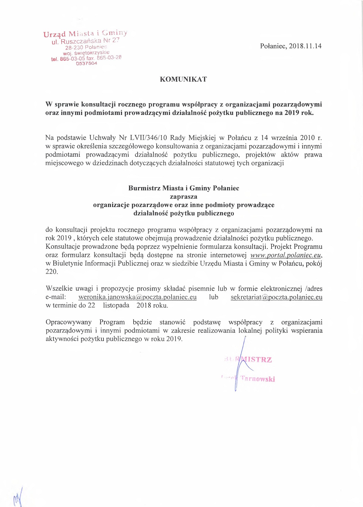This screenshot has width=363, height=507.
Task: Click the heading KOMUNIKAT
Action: (x=183, y=79)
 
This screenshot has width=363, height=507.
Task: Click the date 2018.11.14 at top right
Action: (x=305, y=46)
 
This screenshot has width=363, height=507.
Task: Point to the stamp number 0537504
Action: (x=87, y=63)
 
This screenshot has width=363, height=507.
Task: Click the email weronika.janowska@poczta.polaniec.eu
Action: (x=137, y=297)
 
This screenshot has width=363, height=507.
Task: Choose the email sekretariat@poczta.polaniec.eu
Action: (x=276, y=297)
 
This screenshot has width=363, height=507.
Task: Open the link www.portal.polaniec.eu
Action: (x=286, y=255)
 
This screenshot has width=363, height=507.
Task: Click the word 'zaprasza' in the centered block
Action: (x=184, y=196)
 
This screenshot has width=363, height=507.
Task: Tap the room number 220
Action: (x=51, y=272)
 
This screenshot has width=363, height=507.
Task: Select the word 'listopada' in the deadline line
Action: (x=116, y=306)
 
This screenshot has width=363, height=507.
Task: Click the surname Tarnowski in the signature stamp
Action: (x=257, y=379)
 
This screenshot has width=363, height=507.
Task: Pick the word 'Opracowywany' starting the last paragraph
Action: (x=68, y=322)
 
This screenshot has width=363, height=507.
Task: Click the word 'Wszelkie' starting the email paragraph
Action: (x=59, y=289)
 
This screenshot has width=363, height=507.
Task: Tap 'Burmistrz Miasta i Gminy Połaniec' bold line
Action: (x=184, y=188)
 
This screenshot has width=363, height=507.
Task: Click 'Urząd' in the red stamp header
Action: (x=55, y=34)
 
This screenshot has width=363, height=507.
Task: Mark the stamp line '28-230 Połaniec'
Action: (x=86, y=47)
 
